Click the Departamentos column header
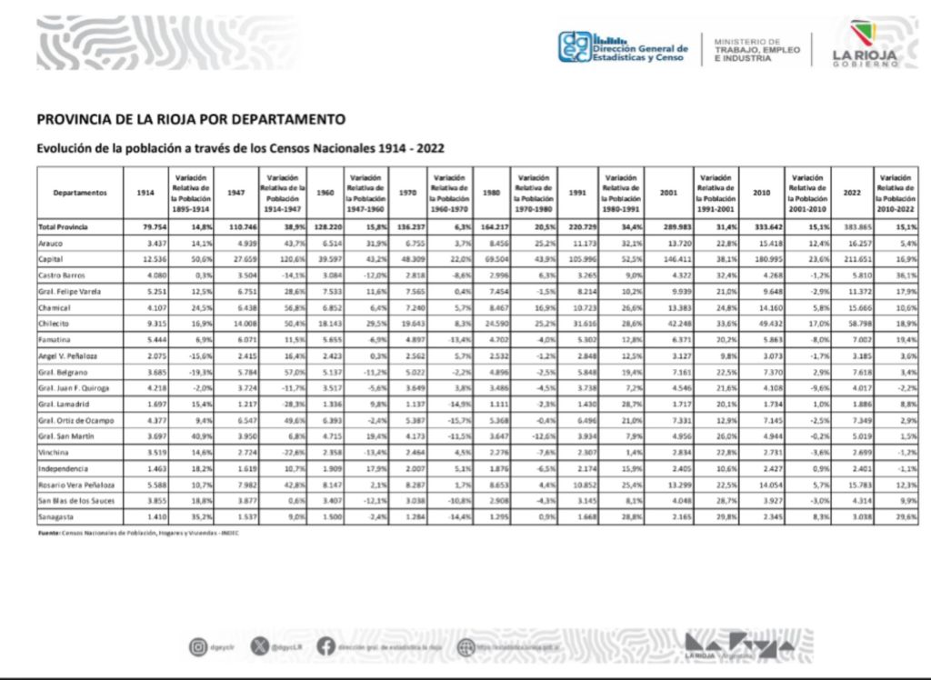(80, 193)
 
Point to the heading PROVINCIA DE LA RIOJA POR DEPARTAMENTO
(191, 119)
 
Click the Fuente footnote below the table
(136, 533)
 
